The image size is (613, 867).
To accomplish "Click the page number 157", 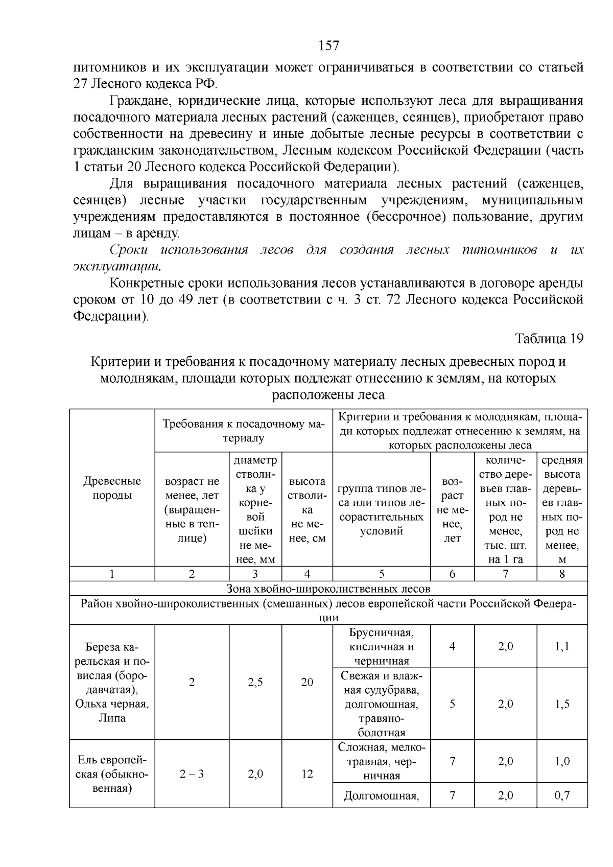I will point(328,45).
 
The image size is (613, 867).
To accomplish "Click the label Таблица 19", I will point(549,339).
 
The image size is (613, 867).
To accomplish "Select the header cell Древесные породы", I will point(112,488).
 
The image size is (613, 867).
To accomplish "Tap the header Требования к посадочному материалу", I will point(244,431).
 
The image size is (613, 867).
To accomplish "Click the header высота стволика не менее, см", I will point(307,509).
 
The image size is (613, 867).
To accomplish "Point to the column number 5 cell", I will point(382,574).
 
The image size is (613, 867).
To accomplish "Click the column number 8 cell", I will point(562,574).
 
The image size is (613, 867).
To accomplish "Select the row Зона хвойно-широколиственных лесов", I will point(328,589).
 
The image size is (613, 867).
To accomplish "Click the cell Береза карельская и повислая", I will point(112,682).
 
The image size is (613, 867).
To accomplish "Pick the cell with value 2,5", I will point(255,683).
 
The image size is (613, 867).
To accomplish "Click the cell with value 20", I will point(307,683).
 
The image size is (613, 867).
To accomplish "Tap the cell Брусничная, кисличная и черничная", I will point(382,647).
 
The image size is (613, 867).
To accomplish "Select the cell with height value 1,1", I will point(562,647).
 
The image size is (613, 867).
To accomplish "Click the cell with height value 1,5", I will point(562,704).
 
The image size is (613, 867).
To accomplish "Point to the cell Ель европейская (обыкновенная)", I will point(112,774).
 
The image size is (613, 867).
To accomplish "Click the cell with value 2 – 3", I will point(192,774).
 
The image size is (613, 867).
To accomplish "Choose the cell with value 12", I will point(307,774).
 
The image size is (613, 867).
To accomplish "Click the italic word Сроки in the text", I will point(129,250).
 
